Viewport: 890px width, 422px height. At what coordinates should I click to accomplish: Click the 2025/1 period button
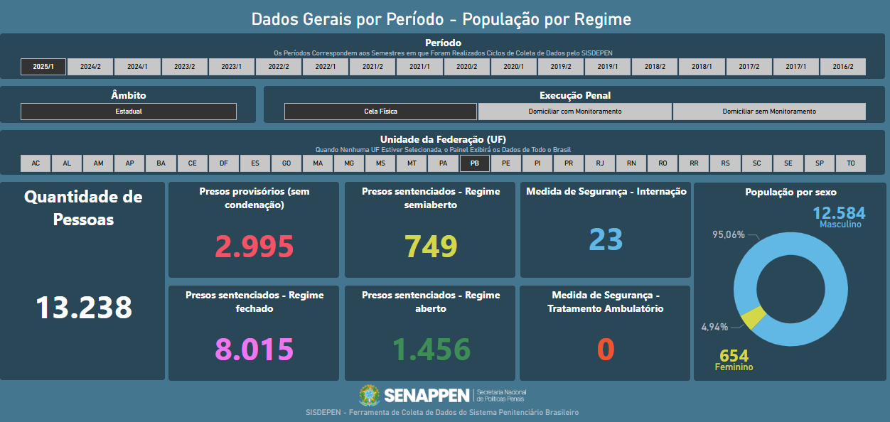[43, 67]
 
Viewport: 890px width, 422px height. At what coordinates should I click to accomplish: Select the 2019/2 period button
[561, 67]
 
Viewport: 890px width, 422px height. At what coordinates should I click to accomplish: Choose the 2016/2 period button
[842, 67]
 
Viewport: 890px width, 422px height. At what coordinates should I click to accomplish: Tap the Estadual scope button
[129, 112]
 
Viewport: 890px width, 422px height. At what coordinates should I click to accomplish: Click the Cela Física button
[380, 112]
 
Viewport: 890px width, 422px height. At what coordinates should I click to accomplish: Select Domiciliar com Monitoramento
[575, 112]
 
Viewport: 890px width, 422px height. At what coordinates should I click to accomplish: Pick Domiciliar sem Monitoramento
[769, 112]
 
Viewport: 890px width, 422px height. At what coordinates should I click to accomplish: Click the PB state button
[475, 163]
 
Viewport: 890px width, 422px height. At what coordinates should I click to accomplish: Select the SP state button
[820, 163]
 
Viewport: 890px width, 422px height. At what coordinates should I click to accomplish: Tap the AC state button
[36, 163]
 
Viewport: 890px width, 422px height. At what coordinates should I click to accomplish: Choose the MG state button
[349, 163]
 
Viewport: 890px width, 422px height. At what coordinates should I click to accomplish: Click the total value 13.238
[84, 308]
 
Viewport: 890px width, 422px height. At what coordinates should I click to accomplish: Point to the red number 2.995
[254, 247]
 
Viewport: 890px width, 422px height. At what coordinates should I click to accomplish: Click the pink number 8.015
[254, 350]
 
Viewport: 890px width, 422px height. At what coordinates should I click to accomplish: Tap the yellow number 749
[430, 247]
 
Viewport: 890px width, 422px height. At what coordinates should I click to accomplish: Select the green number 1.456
[430, 350]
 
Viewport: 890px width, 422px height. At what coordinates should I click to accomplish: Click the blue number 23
[606, 240]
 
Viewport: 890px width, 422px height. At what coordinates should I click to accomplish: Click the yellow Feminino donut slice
[753, 318]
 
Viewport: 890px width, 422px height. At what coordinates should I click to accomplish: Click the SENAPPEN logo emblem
[370, 396]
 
